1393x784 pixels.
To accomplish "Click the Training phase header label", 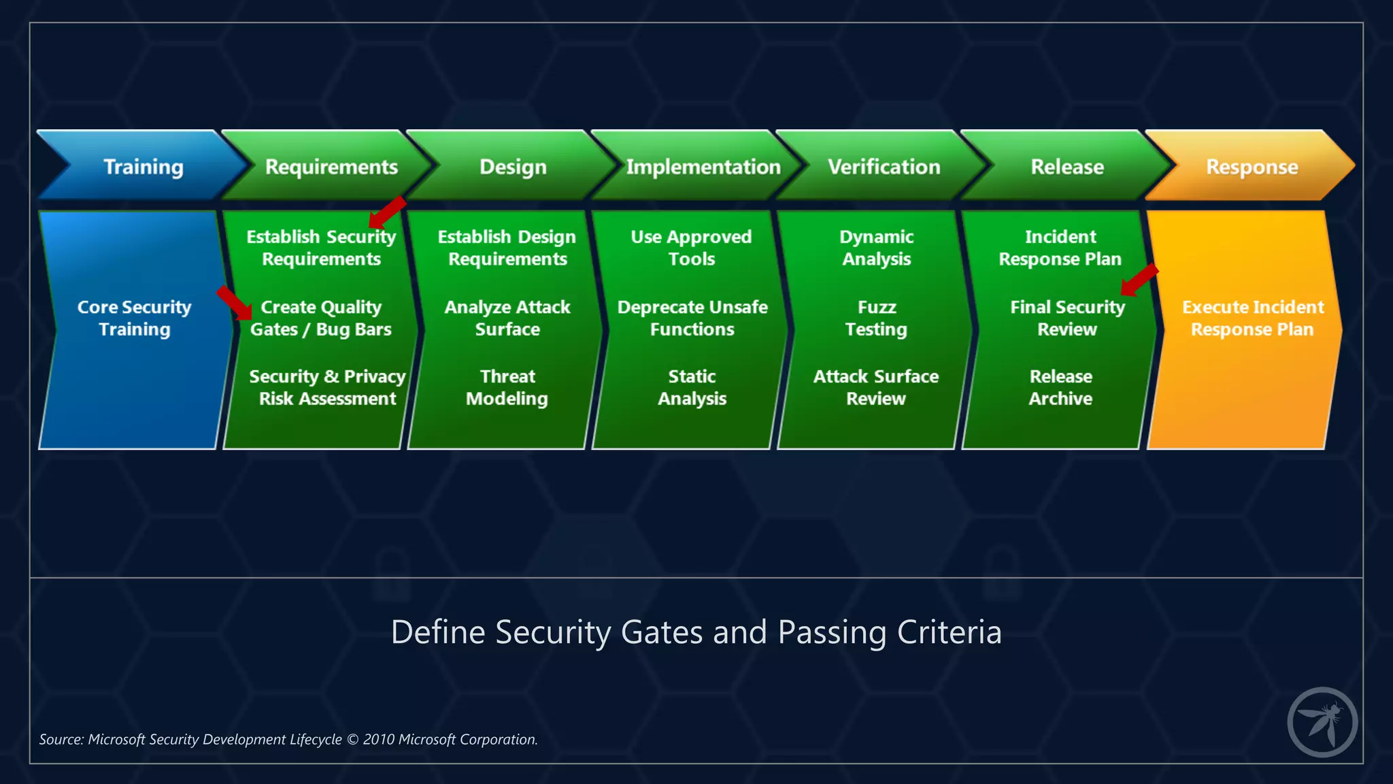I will [143, 167].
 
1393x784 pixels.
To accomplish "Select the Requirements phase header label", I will [331, 167].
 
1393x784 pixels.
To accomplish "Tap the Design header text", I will [513, 167].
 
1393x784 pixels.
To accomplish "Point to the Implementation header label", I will [703, 167].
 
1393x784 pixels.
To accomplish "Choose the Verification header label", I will [884, 167].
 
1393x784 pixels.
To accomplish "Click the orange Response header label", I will [1252, 167].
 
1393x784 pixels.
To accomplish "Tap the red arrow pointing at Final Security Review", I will [1139, 280].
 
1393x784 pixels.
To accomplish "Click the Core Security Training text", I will [134, 318].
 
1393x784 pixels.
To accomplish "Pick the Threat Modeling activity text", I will [507, 387].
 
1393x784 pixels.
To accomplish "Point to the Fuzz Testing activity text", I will [876, 318].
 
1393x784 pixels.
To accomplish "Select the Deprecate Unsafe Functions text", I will [692, 318].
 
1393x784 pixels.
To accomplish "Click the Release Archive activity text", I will [1060, 387].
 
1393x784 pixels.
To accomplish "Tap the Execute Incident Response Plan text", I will [1252, 318].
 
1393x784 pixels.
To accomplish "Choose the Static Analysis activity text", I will [692, 387].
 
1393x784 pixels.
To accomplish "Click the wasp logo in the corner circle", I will [1322, 723].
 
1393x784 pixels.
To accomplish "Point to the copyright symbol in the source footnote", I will [352, 740].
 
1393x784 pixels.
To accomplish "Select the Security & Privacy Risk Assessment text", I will [327, 387].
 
